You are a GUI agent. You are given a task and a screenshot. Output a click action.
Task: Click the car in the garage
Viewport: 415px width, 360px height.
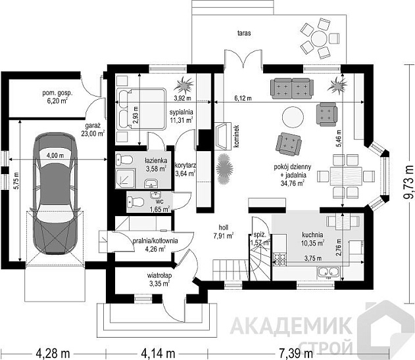pyautogui.click(x=55, y=194)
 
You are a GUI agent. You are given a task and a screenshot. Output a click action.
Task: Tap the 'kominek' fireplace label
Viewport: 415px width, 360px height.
pyautogui.click(x=236, y=137)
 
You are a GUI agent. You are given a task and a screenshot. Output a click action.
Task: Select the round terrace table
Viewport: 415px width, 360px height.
pyautogui.click(x=319, y=39)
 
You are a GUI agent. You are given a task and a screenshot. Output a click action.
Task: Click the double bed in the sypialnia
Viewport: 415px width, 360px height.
pyautogui.click(x=141, y=109)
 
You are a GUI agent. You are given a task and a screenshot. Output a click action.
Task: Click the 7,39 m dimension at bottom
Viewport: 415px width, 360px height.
pyautogui.click(x=296, y=353)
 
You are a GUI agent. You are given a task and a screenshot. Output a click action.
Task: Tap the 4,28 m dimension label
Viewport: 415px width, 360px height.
pyautogui.click(x=53, y=353)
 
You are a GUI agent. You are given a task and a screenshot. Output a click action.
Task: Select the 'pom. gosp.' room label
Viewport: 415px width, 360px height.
pyautogui.click(x=57, y=93)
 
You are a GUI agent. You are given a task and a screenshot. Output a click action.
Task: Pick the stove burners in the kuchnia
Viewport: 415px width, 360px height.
pyautogui.click(x=280, y=259)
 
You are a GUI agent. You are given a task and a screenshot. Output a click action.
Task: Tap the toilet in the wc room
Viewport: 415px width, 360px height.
pyautogui.click(x=135, y=202)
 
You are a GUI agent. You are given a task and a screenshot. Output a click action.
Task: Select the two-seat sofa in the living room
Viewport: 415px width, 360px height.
pyautogui.click(x=292, y=88)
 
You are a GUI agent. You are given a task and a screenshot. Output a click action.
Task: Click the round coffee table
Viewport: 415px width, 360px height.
pyautogui.click(x=293, y=117)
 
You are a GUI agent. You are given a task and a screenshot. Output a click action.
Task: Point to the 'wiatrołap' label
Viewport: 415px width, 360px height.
pyautogui.click(x=159, y=275)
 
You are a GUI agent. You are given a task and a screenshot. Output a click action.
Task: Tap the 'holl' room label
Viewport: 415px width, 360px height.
pyautogui.click(x=224, y=227)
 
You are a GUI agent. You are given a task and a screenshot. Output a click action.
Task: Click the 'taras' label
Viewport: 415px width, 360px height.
pyautogui.click(x=244, y=33)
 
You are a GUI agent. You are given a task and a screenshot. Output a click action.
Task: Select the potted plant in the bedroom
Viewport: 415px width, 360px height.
pyautogui.click(x=184, y=84)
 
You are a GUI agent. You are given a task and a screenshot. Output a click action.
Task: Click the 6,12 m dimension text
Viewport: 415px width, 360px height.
pyautogui.click(x=243, y=99)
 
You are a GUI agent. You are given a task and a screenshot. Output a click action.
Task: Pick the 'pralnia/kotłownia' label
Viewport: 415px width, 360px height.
pyautogui.click(x=155, y=241)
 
